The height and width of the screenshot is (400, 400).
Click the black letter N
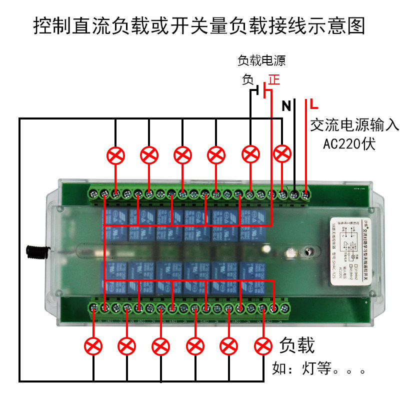(286, 105)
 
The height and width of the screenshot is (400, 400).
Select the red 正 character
(274, 79)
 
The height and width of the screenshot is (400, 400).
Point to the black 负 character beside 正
(248, 79)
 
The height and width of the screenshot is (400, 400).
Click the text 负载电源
(261, 61)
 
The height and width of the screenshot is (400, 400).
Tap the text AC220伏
(349, 144)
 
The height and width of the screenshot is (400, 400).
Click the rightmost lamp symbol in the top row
(283, 154)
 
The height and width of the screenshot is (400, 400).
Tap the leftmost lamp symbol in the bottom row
(93, 346)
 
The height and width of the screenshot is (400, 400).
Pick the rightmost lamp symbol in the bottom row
(263, 345)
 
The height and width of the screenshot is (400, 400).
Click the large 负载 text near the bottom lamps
(297, 345)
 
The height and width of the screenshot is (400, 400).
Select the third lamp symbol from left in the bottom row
(160, 346)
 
